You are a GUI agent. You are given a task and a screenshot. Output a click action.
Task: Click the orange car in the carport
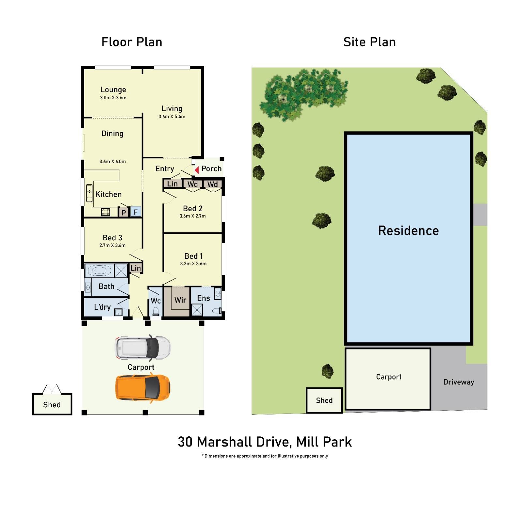tap(143, 388)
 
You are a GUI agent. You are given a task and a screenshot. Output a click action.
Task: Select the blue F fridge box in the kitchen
tap(136, 212)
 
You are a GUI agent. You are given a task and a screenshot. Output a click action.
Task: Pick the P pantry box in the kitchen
tap(124, 212)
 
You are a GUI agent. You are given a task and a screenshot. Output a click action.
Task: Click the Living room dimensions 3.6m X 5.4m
tap(172, 117)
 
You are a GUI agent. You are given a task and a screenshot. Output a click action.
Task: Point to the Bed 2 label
tap(192, 208)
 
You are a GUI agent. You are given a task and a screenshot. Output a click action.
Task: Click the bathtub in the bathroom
tap(99, 271)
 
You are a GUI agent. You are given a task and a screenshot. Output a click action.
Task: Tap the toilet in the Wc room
tap(156, 311)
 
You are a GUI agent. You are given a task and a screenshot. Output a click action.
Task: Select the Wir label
tap(180, 300)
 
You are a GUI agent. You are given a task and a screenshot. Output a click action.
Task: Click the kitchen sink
tap(89, 193)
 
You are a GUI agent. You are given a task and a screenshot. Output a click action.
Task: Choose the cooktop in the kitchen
tap(106, 212)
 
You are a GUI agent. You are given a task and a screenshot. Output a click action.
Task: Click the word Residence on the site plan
tap(408, 231)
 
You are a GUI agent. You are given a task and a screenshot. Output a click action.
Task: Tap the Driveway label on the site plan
tap(458, 382)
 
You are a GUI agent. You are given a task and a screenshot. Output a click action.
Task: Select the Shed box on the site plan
tap(324, 400)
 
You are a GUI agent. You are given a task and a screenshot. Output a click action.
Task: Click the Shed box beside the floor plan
tap(52, 404)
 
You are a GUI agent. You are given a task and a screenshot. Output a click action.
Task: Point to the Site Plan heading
tap(369, 42)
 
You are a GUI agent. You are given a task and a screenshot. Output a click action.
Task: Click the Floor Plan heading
tap(131, 42)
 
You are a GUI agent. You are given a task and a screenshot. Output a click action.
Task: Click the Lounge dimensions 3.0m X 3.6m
tap(113, 98)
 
